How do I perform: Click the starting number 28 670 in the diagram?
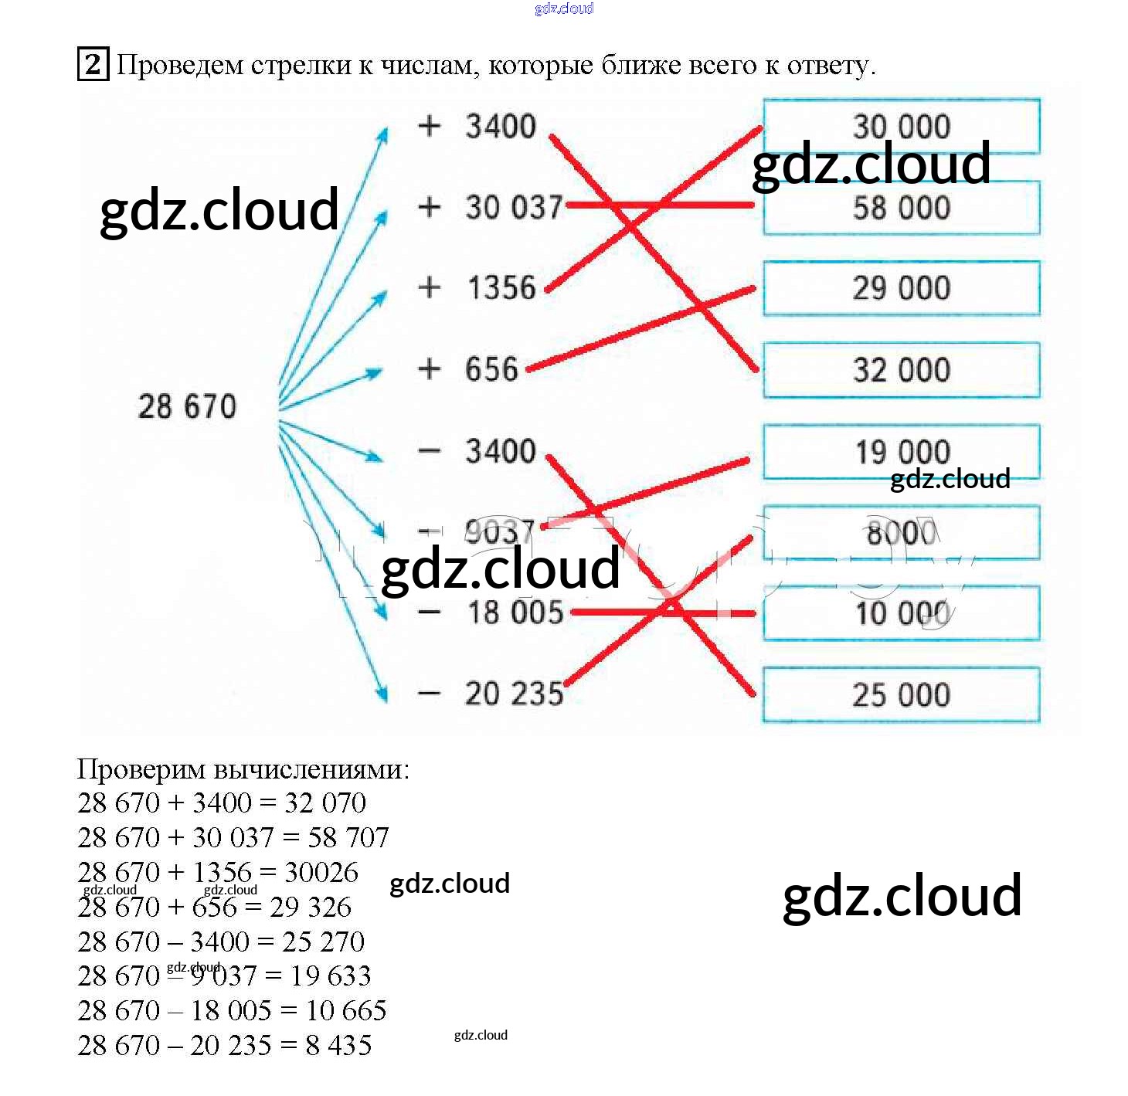(187, 406)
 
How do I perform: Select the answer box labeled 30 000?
(901, 126)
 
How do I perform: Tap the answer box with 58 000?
(901, 209)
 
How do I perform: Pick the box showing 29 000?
(901, 289)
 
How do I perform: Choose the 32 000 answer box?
(901, 370)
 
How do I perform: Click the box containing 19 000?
(901, 451)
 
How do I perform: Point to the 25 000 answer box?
(901, 695)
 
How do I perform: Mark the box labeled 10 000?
(901, 614)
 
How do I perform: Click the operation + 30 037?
(491, 207)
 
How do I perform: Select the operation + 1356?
(477, 288)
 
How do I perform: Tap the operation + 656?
(468, 369)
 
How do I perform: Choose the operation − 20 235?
(491, 694)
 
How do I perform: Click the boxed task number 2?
(93, 64)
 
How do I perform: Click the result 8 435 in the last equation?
(338, 1046)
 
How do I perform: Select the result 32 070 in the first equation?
(324, 803)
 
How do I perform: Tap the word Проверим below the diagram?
(141, 769)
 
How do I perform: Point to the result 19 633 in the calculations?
(331, 976)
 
